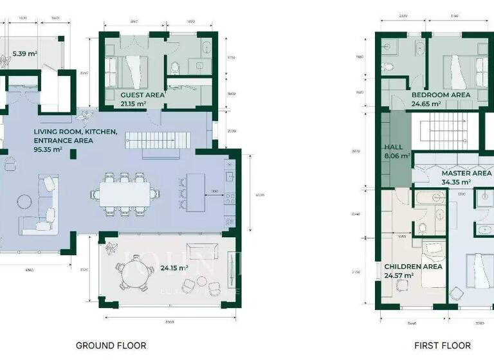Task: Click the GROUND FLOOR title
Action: click(111, 345)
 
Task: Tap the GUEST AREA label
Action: click(142, 94)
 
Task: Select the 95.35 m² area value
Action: click(48, 149)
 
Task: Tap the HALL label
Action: click(393, 147)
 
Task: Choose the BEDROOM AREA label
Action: click(441, 94)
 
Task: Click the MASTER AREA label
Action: click(466, 173)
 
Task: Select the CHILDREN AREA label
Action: click(412, 266)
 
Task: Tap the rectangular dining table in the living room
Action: click(126, 192)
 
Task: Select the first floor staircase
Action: click(444, 133)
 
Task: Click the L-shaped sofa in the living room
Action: click(41, 207)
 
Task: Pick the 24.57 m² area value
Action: click(398, 275)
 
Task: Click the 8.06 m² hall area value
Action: click(396, 156)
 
